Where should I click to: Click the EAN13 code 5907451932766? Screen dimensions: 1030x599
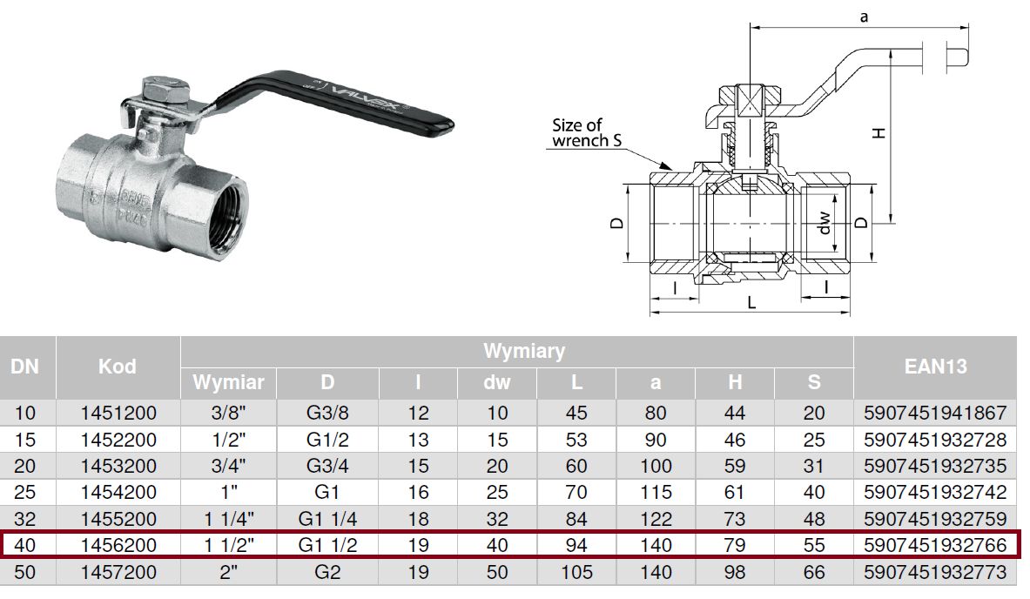click(935, 545)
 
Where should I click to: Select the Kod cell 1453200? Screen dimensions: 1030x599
click(118, 466)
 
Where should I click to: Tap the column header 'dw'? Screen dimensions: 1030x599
click(496, 382)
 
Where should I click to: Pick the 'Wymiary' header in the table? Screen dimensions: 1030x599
click(523, 351)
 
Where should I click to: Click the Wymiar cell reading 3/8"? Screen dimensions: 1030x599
click(229, 413)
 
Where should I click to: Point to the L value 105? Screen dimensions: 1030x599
click(576, 572)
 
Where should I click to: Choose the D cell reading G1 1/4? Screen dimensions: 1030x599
click(327, 519)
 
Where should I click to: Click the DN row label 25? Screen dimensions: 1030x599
click(25, 492)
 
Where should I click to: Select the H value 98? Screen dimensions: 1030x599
click(734, 572)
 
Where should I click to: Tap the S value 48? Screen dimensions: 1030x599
click(814, 519)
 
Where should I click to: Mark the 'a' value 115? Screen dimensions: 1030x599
click(656, 492)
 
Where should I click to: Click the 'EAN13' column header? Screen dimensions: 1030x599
click(935, 366)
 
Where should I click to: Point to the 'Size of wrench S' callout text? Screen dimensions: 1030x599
click(586, 132)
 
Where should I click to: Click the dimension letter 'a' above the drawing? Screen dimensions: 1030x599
click(864, 17)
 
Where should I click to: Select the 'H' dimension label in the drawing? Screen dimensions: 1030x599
click(879, 132)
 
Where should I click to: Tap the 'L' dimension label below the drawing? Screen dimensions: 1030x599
click(751, 303)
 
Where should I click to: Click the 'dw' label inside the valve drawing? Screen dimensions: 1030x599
click(825, 223)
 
